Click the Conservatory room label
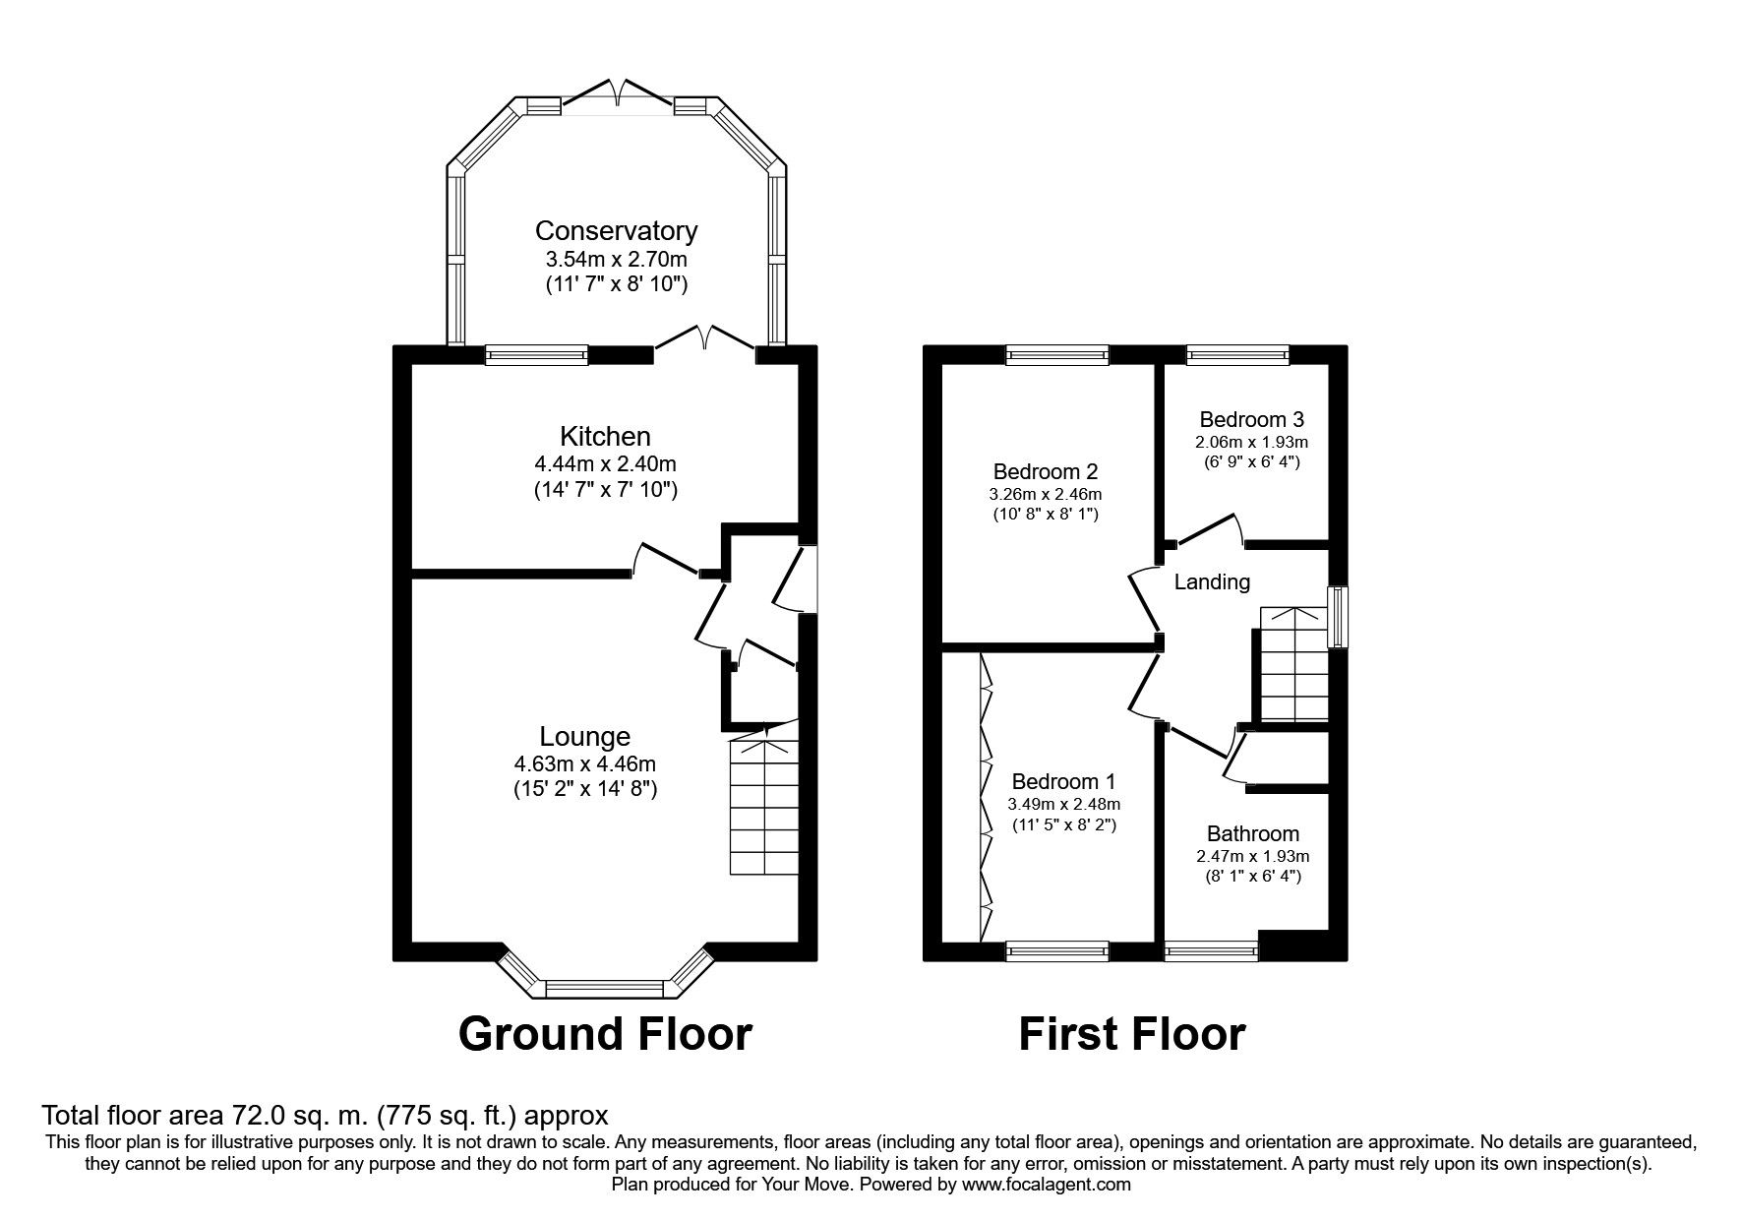pos(616,231)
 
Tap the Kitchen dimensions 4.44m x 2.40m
pos(604,463)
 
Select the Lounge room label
pos(584,737)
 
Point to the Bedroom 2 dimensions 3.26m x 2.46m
pos(1046,494)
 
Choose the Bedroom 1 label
pos(1063,782)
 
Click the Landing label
pos(1212,582)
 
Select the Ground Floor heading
pos(605,1034)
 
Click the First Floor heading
pos(1131,1034)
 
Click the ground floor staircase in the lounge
pos(763,801)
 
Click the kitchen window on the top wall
pos(537,355)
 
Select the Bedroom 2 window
pos(1057,355)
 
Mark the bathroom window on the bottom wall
pos(1211,951)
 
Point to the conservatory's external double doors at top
pos(618,92)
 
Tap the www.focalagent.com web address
pos(1047,1186)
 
